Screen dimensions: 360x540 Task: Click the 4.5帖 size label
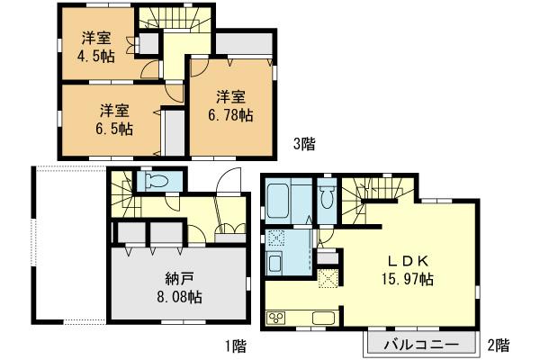pos(96,54)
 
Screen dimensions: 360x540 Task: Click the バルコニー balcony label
pos(418,345)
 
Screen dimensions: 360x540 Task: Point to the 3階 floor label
pos(303,141)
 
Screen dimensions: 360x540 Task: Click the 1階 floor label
pos(237,345)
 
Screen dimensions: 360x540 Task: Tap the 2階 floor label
pos(499,345)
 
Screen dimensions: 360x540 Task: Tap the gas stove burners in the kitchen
pos(275,318)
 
